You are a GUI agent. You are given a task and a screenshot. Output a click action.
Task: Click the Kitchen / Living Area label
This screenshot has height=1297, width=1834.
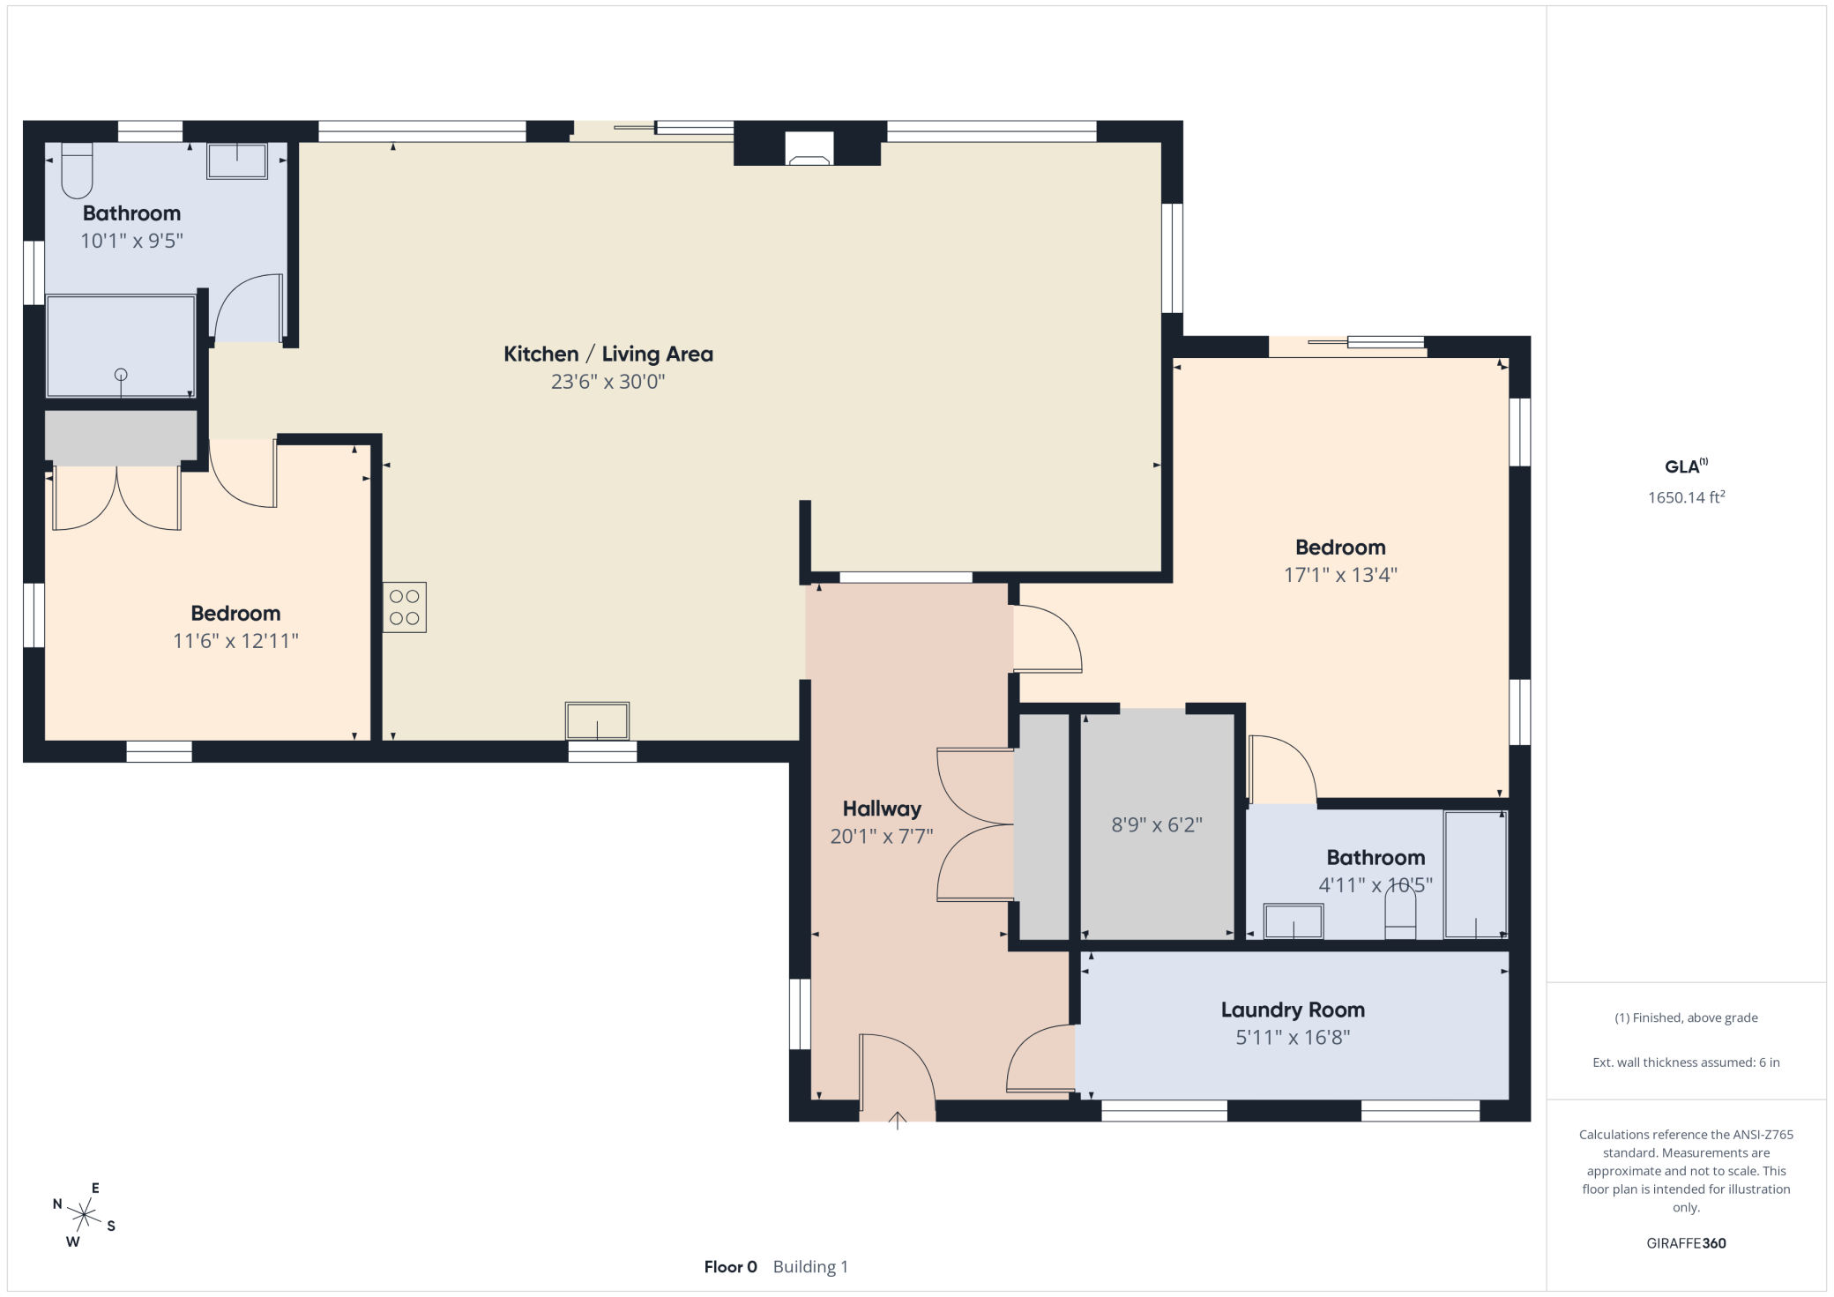pos(608,354)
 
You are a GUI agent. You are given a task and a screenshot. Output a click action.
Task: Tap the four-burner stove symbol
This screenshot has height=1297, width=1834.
pos(405,608)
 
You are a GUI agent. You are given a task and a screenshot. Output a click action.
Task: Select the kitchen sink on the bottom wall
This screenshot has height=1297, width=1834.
pos(597,721)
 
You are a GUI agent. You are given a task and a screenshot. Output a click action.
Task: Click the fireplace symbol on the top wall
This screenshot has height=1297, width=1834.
pos(809,150)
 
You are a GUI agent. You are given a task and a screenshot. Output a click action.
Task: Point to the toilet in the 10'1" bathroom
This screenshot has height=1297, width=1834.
pos(77,170)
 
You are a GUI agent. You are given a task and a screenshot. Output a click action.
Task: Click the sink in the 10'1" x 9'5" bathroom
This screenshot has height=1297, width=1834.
pos(237,161)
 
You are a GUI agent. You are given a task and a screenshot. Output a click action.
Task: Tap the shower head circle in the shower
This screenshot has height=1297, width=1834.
pos(121,375)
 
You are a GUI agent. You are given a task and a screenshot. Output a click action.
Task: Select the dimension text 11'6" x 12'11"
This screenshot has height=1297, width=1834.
pos(235,641)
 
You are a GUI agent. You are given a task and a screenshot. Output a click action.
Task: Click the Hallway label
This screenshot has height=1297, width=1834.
pos(882,809)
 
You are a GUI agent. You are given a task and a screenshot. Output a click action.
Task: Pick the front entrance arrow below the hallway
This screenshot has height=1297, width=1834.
pos(897,1121)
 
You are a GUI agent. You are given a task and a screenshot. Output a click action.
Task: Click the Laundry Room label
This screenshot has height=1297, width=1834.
pos(1293,1010)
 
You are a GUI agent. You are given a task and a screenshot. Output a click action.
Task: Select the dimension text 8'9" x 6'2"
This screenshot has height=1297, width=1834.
pos(1157,825)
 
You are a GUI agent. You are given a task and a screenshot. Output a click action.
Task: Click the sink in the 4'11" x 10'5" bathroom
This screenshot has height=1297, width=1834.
pos(1293,921)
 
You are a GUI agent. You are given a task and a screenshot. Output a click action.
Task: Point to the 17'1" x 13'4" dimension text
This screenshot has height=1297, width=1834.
pos(1340,575)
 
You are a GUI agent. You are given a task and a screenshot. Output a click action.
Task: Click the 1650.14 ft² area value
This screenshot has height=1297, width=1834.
pos(1686,497)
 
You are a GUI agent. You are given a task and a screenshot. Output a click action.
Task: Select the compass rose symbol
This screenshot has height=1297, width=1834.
pos(84,1216)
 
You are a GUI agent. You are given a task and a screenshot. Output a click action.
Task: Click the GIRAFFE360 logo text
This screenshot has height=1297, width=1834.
pos(1686,1243)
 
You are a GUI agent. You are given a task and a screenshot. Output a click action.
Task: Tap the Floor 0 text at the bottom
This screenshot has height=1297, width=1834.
pos(730,1267)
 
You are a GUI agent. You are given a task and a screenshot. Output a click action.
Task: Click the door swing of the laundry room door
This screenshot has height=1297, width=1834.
pos(1039,1058)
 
